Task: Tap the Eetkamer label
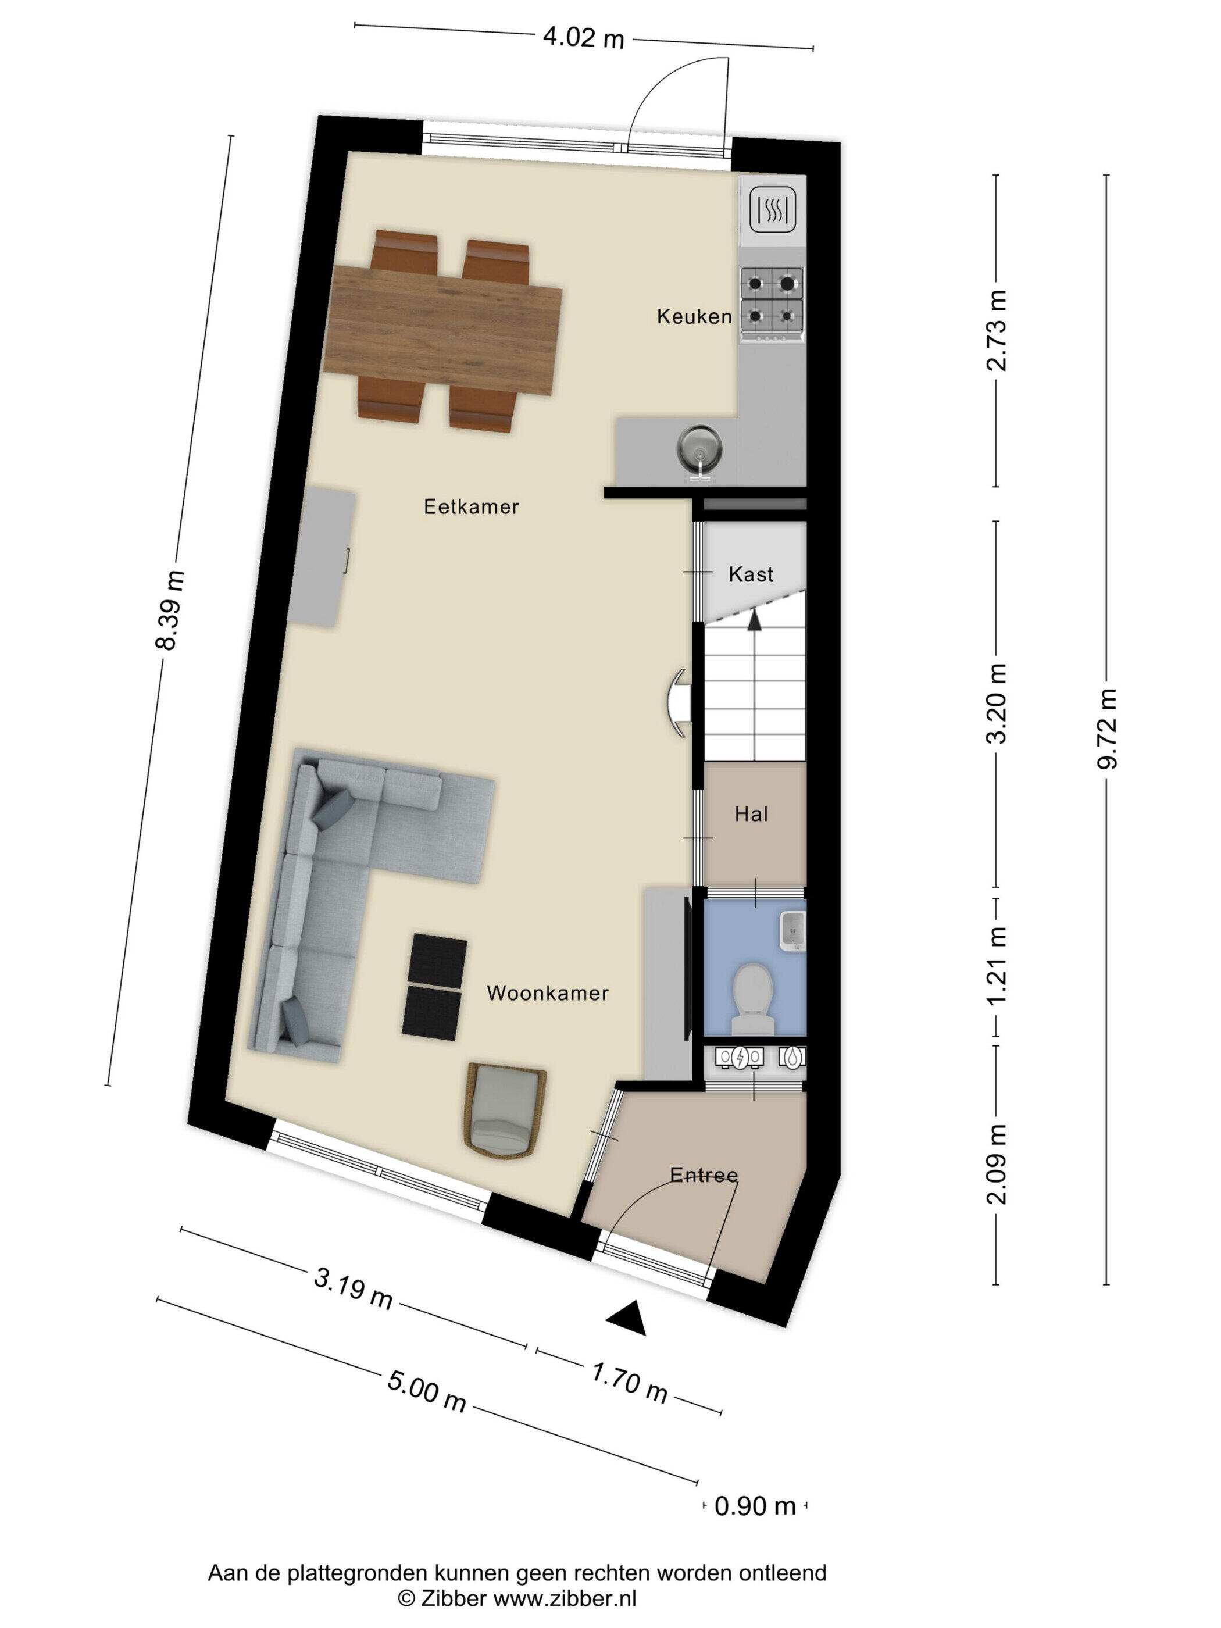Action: pos(471,506)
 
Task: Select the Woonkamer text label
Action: pos(548,993)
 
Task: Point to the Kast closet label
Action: pos(751,574)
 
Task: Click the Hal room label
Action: pos(751,814)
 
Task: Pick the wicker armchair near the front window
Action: pos(505,1111)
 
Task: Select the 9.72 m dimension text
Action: pos(1106,728)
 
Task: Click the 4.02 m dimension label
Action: pos(583,38)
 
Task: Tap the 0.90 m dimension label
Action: pos(756,1505)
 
